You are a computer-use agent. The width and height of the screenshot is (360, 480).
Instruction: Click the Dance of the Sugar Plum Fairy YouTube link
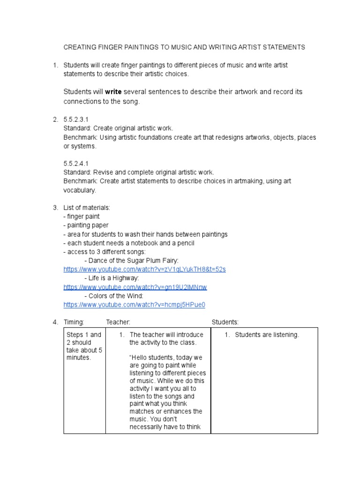point(144,270)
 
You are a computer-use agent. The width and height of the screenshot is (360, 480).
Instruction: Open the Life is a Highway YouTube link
point(135,287)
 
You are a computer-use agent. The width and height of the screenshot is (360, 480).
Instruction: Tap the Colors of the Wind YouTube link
point(134,305)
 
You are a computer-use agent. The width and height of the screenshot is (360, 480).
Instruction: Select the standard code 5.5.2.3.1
point(75,120)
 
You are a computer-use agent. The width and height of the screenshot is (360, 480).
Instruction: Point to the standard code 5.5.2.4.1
point(75,164)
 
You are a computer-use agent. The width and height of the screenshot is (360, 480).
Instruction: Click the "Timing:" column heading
point(74,322)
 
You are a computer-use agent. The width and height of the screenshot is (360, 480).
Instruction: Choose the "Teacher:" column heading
point(118,322)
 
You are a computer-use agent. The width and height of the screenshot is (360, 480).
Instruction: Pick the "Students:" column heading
point(225,322)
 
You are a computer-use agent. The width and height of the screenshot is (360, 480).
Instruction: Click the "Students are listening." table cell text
point(267,335)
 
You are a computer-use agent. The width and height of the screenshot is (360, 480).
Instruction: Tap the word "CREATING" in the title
point(80,47)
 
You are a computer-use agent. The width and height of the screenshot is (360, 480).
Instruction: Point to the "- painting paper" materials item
point(86,225)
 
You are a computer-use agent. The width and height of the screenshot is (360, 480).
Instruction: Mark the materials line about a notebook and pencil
point(128,243)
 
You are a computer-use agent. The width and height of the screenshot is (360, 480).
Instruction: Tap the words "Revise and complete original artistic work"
point(153,172)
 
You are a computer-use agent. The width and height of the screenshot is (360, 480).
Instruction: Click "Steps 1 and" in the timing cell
point(83,335)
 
